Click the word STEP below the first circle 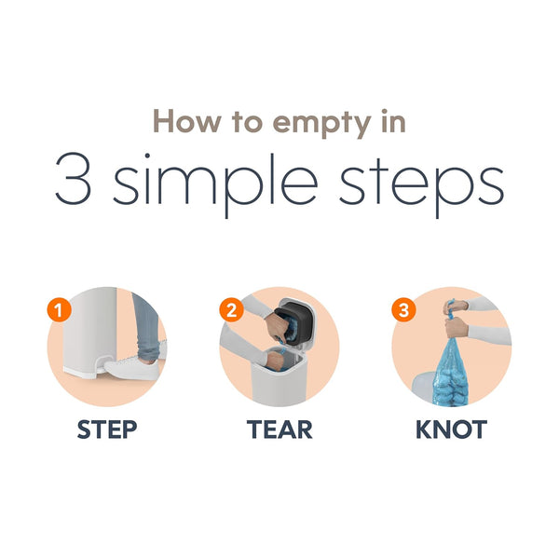pyautogui.click(x=107, y=429)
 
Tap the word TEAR pyautogui.click(x=279, y=429)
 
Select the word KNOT pyautogui.click(x=451, y=429)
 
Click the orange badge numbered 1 pyautogui.click(x=60, y=310)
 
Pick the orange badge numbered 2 pyautogui.click(x=231, y=310)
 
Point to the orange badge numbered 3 pyautogui.click(x=403, y=310)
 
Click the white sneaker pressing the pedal pyautogui.click(x=133, y=369)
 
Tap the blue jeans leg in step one pyautogui.click(x=146, y=328)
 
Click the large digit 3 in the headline pyautogui.click(x=73, y=179)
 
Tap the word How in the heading pyautogui.click(x=187, y=121)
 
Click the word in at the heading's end pyautogui.click(x=394, y=121)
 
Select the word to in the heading pyautogui.click(x=247, y=122)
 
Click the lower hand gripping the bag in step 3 pyautogui.click(x=457, y=327)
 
